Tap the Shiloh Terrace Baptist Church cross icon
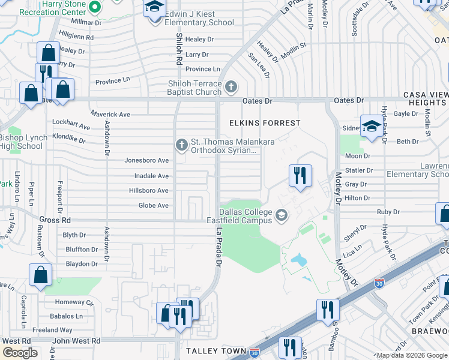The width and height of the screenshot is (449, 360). tap(231, 88)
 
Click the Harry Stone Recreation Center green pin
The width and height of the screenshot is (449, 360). tap(95, 8)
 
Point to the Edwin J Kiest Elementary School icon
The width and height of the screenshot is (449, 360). tap(154, 8)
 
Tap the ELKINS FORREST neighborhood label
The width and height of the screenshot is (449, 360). tap(265, 123)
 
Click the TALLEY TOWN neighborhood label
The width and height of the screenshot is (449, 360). tap(216, 350)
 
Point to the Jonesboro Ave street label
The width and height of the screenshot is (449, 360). tap(146, 161)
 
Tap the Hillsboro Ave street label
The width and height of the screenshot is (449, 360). tap(149, 191)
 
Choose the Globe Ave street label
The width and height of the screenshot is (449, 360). tap(154, 206)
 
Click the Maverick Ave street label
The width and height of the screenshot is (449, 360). tap(110, 114)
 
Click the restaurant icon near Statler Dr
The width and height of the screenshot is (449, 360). tap(300, 175)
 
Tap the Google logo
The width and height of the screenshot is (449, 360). tap(20, 352)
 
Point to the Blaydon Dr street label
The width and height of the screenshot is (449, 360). tap(81, 264)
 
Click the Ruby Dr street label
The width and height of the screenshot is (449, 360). tap(388, 212)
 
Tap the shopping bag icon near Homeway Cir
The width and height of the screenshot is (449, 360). tap(40, 275)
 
